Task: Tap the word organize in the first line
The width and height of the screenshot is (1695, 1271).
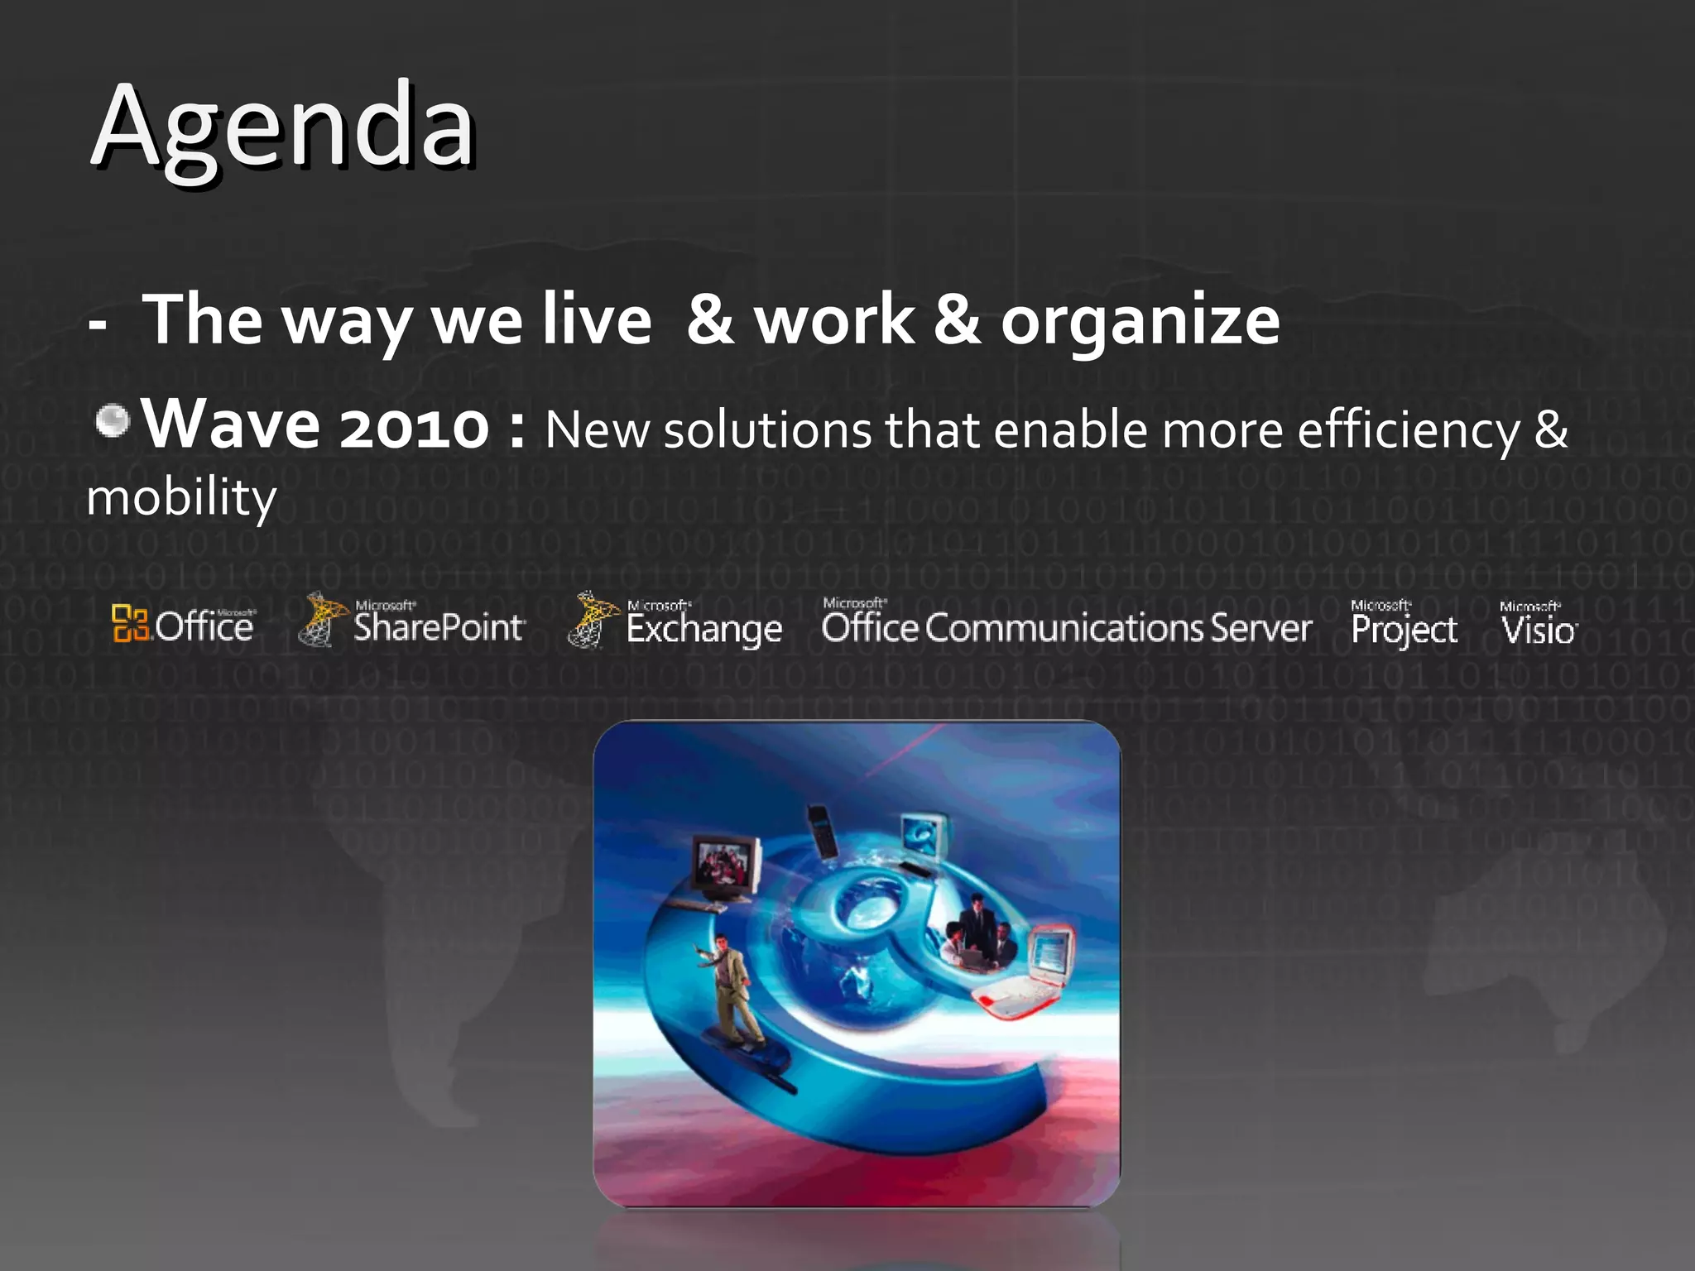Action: tap(1140, 321)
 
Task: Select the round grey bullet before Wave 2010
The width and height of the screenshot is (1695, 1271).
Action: tap(113, 420)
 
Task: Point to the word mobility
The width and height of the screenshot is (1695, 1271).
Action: tap(181, 497)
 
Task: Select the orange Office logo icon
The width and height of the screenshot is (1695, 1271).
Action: tap(130, 623)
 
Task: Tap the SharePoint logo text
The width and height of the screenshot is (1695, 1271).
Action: tap(439, 627)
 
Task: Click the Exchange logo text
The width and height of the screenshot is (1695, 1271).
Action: tap(703, 629)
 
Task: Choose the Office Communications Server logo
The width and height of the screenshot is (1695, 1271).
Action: tap(1066, 626)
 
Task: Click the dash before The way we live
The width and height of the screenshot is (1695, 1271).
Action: tap(98, 325)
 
